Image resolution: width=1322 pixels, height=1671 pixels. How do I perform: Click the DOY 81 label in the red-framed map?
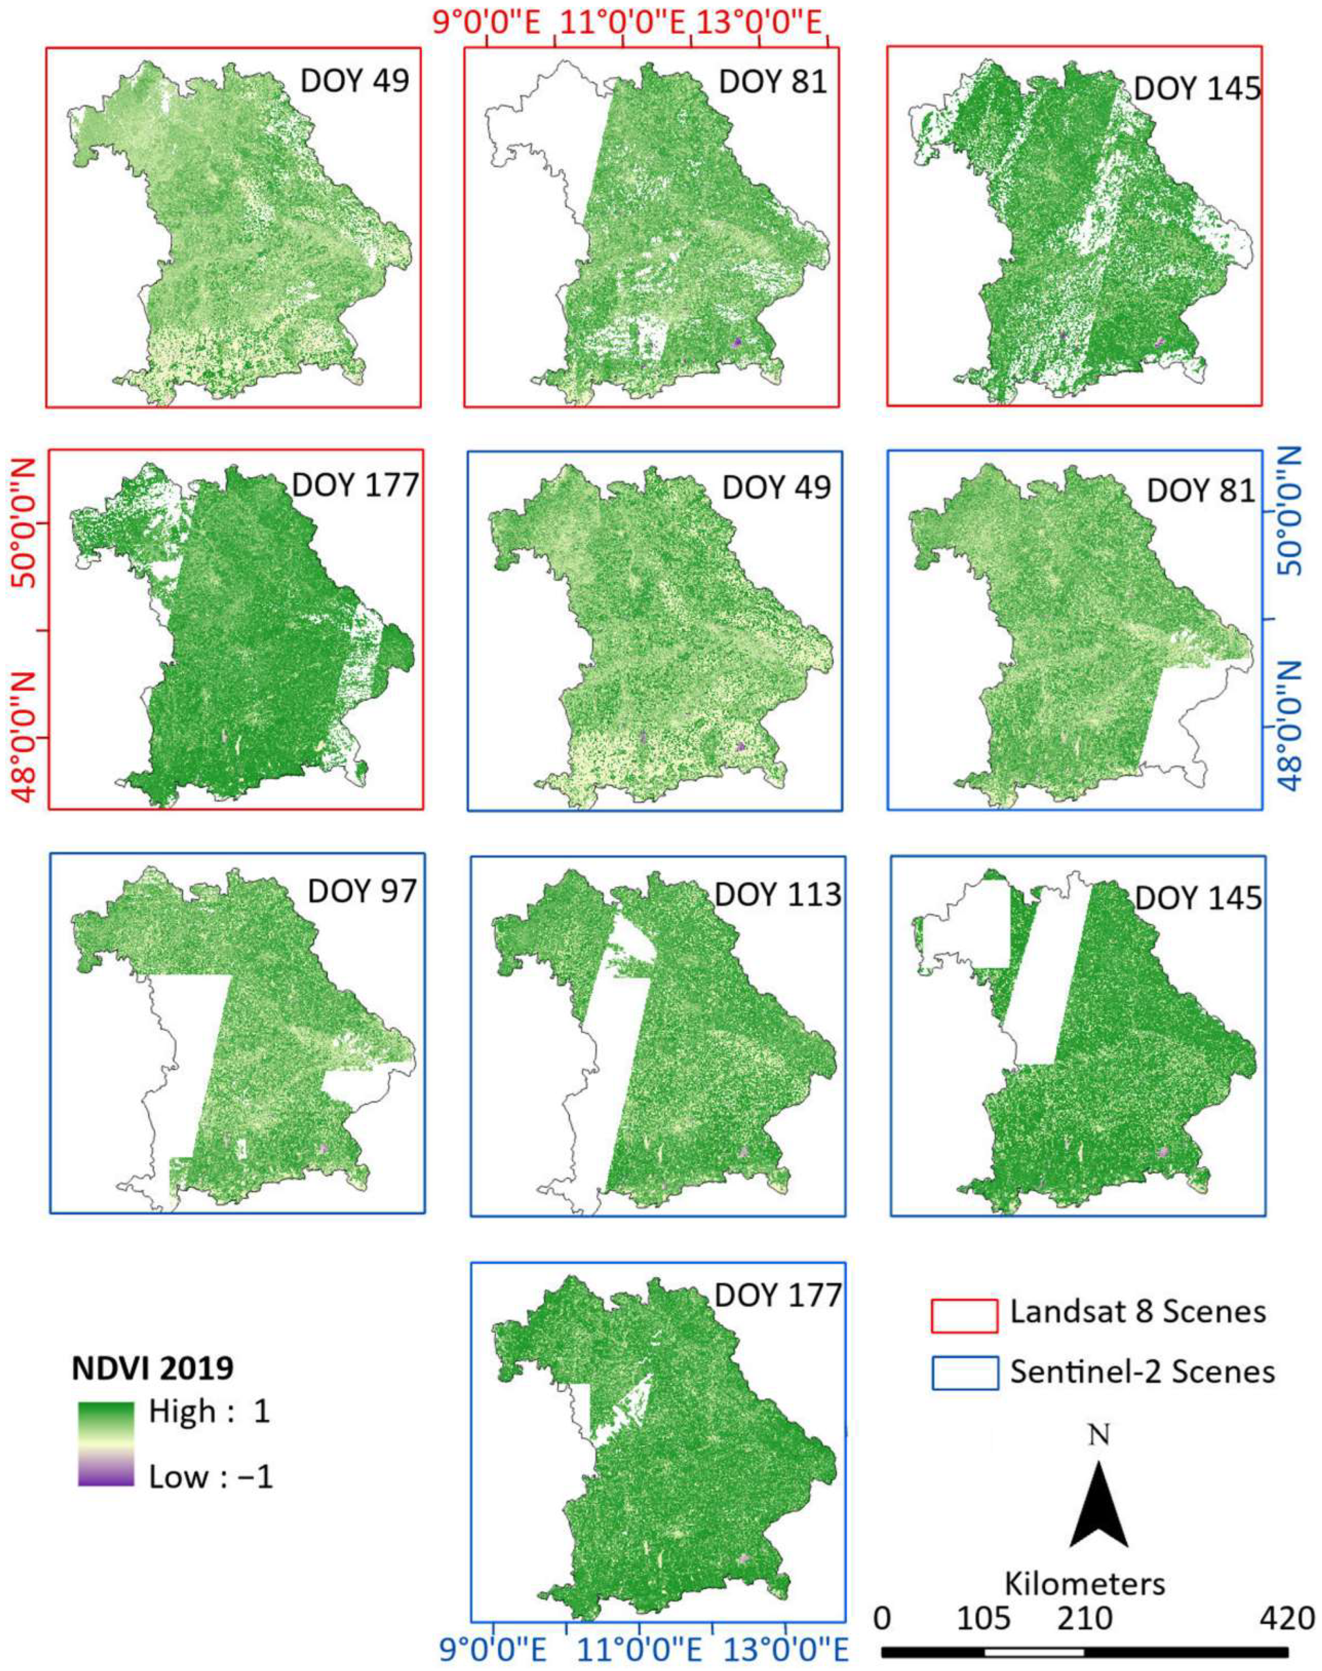pyautogui.click(x=773, y=81)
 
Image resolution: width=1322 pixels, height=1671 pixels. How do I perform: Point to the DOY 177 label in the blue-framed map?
pyautogui.click(x=777, y=1295)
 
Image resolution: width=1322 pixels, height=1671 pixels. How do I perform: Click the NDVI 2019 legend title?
pyautogui.click(x=153, y=1368)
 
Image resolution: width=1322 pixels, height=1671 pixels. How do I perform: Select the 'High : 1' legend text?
pyautogui.click(x=209, y=1412)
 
